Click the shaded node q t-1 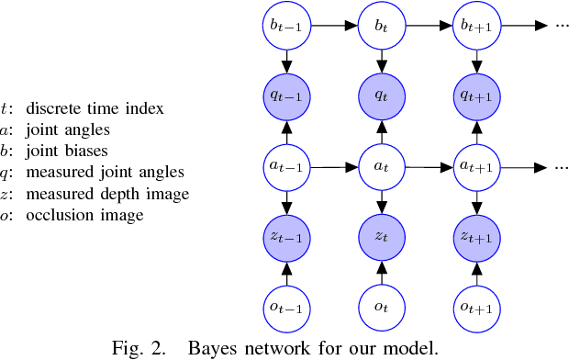coord(287,95)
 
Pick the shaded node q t coord(380,95)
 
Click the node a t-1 coord(287,168)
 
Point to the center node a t coord(380,168)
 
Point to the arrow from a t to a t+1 coord(427,168)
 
